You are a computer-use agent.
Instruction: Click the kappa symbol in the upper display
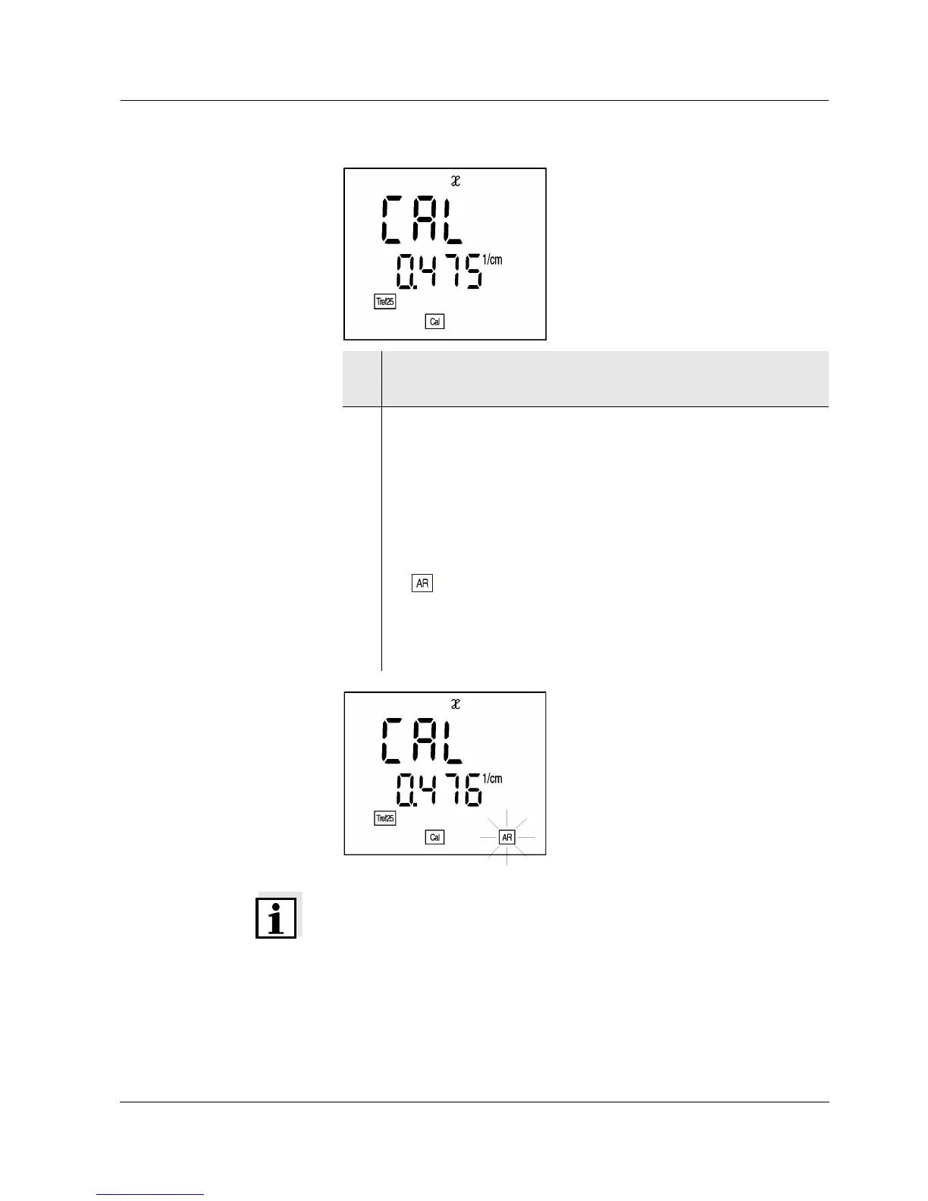(456, 181)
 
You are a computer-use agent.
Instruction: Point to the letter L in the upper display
(453, 220)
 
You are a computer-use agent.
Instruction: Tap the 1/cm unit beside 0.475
(492, 260)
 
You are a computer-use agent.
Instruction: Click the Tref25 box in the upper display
(385, 302)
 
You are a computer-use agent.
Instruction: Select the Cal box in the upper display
(434, 321)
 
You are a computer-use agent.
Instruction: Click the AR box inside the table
(422, 584)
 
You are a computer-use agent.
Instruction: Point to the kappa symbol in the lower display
(456, 704)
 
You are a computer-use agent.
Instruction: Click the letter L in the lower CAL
(453, 742)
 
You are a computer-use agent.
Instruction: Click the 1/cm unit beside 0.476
(492, 779)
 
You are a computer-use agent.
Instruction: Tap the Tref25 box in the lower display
(385, 818)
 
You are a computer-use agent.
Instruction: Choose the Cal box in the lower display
(434, 837)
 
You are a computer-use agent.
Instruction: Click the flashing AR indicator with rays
(507, 837)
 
